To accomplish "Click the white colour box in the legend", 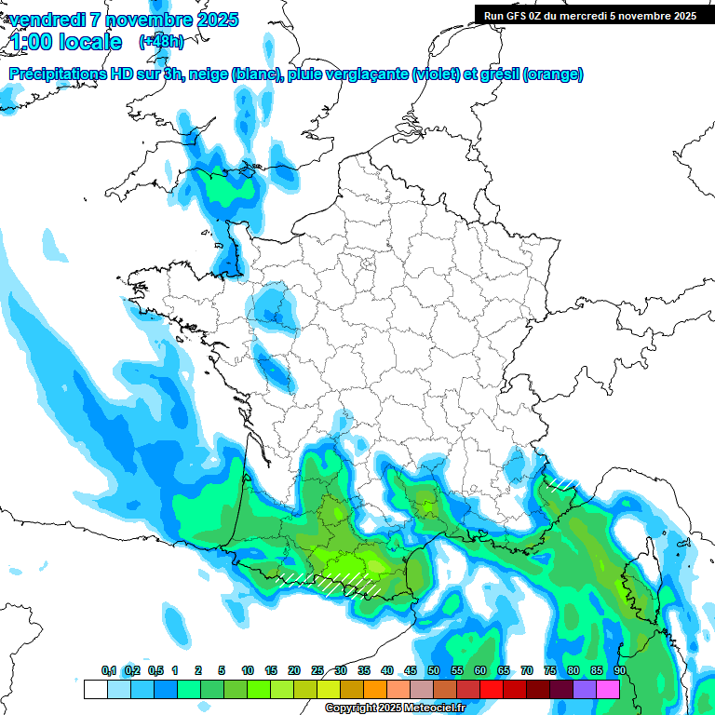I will point(95,690).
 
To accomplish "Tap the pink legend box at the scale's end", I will point(608,690).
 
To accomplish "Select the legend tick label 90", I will point(620,671).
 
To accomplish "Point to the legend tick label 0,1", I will point(109,671).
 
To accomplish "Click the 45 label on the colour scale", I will point(411,671).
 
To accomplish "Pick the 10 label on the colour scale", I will point(248,671).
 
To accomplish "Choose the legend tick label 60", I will point(480,671).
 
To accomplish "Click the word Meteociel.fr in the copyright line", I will point(433,708).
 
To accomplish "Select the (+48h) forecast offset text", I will point(161,42).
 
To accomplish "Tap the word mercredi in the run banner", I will point(590,16).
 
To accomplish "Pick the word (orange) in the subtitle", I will point(554,74).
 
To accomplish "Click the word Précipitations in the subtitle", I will point(59,74).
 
